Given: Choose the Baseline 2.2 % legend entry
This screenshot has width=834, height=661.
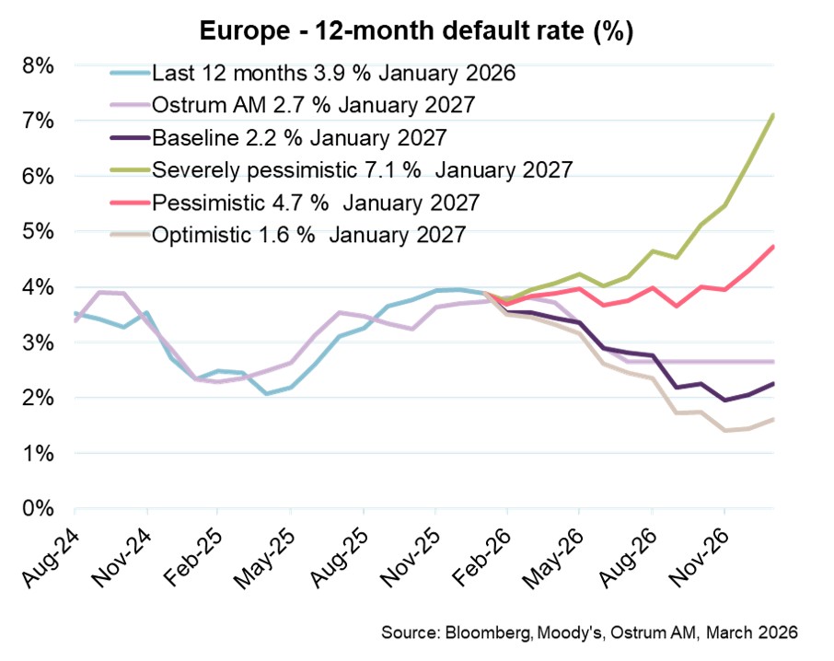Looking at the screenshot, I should click(x=299, y=138).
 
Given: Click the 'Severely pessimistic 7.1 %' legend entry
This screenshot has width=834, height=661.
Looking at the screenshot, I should click(x=363, y=170).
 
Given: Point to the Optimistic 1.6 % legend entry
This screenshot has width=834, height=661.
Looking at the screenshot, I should click(x=313, y=234).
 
